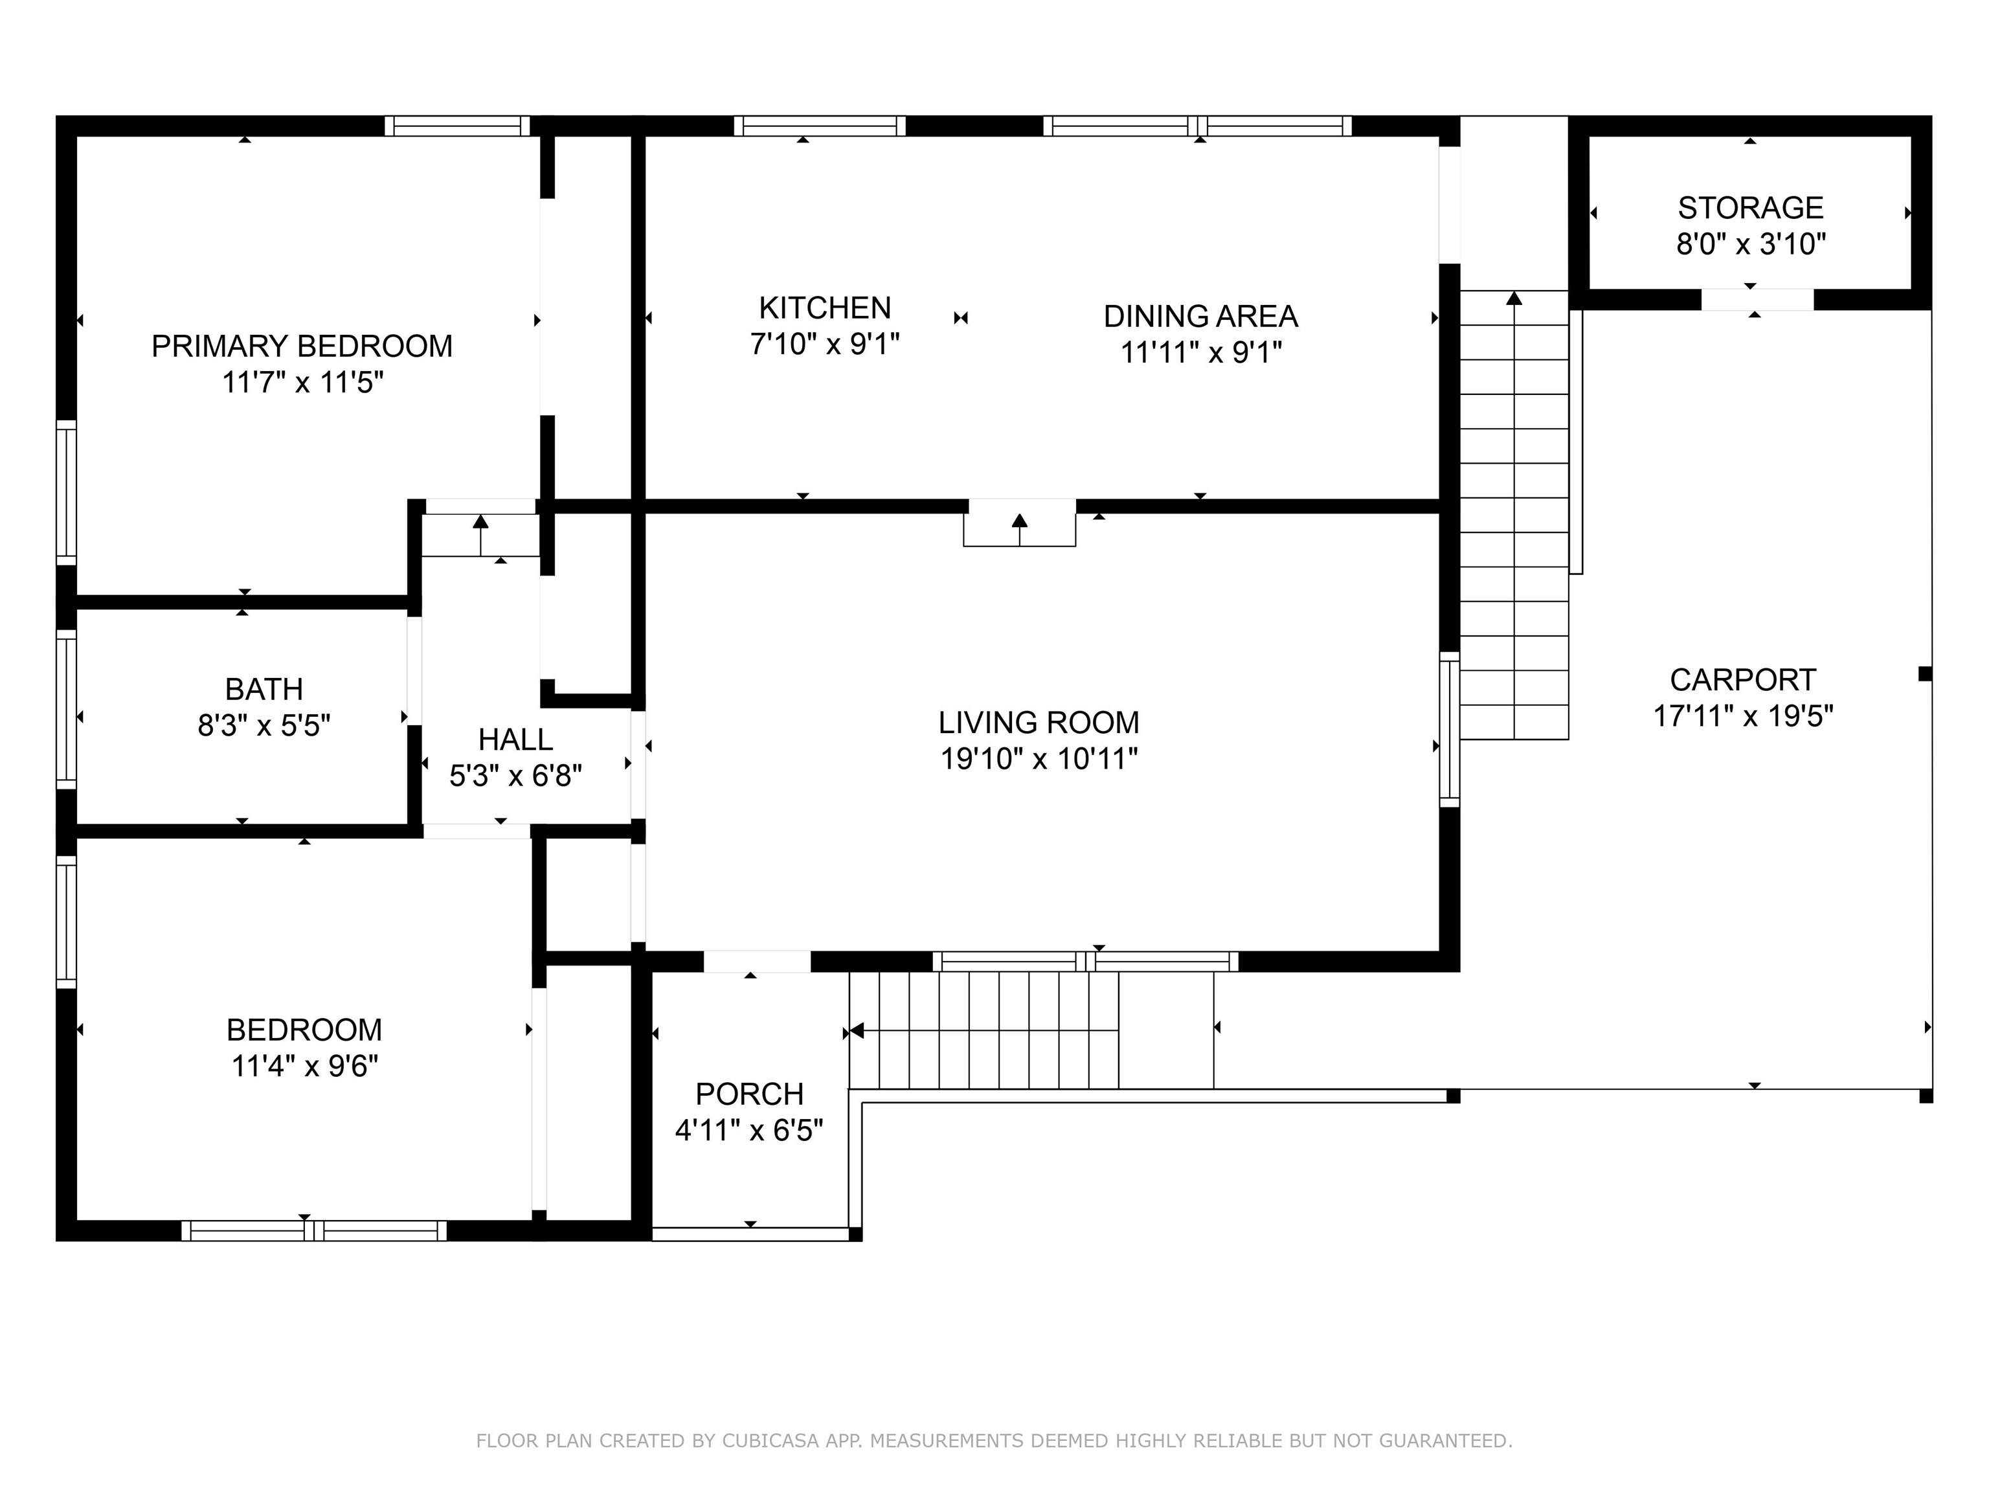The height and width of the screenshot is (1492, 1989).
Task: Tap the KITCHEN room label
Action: click(x=825, y=308)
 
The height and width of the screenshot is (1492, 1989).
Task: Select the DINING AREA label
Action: click(x=1200, y=317)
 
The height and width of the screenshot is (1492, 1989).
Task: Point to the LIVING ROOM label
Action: click(x=1039, y=722)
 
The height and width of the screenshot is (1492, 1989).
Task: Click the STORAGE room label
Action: click(x=1751, y=208)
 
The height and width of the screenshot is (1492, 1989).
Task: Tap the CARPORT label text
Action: click(x=1742, y=679)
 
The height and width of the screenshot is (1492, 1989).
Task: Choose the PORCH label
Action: click(x=749, y=1094)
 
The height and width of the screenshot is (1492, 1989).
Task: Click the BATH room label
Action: click(x=264, y=689)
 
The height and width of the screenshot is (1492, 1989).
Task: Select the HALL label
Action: click(x=515, y=740)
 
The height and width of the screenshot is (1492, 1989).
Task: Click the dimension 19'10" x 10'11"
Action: click(x=1039, y=759)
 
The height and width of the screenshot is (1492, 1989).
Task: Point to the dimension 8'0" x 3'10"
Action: click(x=1751, y=243)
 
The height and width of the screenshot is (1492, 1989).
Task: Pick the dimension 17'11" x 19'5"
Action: click(x=1742, y=716)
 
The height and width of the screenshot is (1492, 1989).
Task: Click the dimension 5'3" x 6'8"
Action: click(x=515, y=775)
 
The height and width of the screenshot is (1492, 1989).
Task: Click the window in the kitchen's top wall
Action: click(x=819, y=126)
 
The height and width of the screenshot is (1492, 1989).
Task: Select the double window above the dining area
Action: click(x=1197, y=126)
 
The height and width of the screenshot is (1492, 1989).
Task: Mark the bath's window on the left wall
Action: click(x=67, y=708)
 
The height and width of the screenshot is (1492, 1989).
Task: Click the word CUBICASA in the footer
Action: click(x=770, y=1441)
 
